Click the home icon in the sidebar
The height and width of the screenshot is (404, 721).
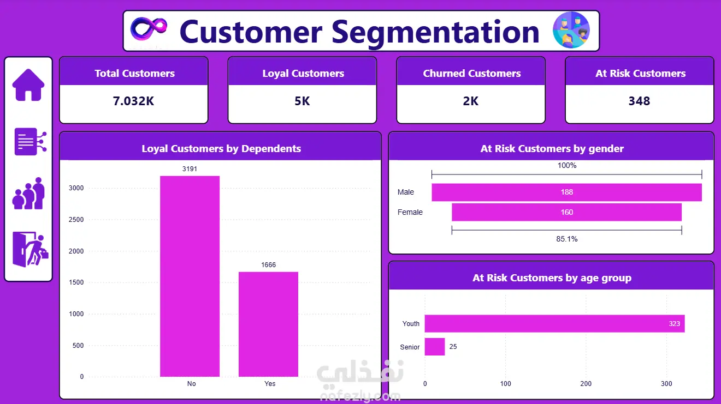pyautogui.click(x=28, y=85)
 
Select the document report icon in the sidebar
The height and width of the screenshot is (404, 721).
pyautogui.click(x=30, y=141)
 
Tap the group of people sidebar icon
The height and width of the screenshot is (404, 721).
pyautogui.click(x=28, y=194)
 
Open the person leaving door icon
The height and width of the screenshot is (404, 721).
pyautogui.click(x=30, y=249)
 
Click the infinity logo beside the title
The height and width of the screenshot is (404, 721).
pyautogui.click(x=149, y=29)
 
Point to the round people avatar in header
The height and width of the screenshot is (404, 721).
pyautogui.click(x=571, y=30)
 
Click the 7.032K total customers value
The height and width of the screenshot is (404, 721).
pyautogui.click(x=133, y=101)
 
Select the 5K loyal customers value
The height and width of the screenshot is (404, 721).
pyautogui.click(x=302, y=101)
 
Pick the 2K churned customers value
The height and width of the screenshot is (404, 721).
pyautogui.click(x=471, y=101)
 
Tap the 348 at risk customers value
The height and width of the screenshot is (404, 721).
pyautogui.click(x=639, y=101)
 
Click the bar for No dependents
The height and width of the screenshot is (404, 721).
pyautogui.click(x=190, y=276)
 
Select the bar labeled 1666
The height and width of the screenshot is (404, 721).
pyautogui.click(x=268, y=324)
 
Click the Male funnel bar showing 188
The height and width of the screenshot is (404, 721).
pyautogui.click(x=566, y=192)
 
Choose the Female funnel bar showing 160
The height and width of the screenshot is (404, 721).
pyautogui.click(x=566, y=212)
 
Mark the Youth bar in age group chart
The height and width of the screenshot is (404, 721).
pyautogui.click(x=554, y=323)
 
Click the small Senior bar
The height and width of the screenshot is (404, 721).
pyautogui.click(x=435, y=346)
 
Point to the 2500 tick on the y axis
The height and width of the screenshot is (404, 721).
pyautogui.click(x=76, y=220)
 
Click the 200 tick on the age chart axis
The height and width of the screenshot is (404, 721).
pyautogui.click(x=586, y=383)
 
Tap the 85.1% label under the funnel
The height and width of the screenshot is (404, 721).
pyautogui.click(x=567, y=239)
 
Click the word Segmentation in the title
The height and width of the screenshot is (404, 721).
pyautogui.click(x=435, y=32)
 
